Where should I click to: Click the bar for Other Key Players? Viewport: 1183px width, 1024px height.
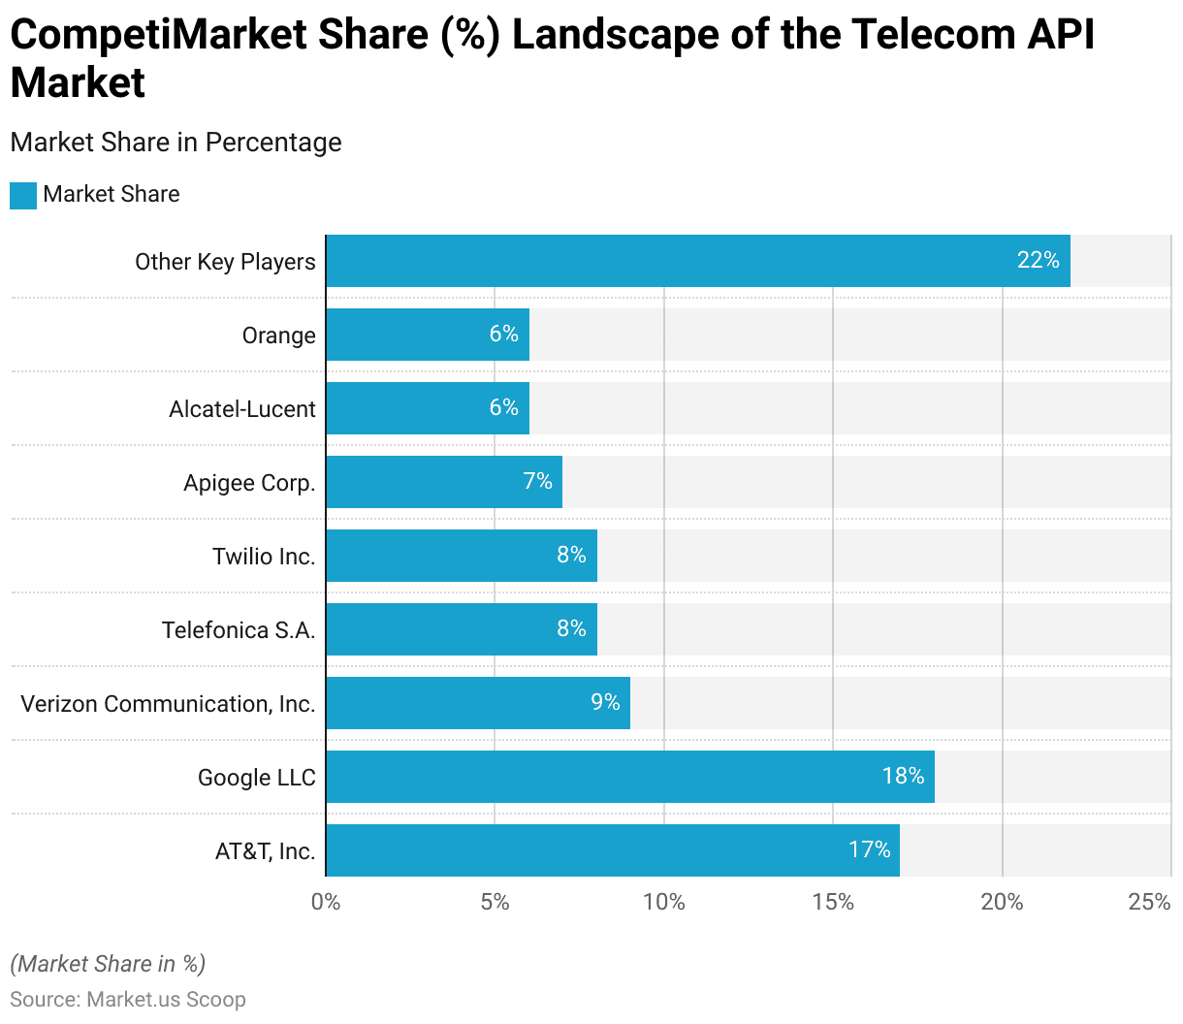[698, 261]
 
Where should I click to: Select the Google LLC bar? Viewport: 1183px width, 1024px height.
[630, 777]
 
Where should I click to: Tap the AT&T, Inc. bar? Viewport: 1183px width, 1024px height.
[613, 850]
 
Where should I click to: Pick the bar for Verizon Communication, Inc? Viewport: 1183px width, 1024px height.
[478, 703]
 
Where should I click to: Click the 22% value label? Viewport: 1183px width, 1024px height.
[1038, 260]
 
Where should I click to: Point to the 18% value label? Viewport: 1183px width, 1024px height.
[903, 776]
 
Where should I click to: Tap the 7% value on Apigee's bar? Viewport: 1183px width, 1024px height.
[537, 481]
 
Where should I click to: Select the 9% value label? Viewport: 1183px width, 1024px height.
[605, 702]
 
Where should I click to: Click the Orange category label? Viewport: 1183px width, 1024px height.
[278, 336]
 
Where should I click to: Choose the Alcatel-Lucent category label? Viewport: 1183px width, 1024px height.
[242, 409]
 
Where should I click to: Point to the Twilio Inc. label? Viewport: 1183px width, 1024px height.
[264, 557]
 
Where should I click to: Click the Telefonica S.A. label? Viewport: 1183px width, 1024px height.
[239, 630]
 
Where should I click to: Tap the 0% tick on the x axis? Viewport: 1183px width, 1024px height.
[326, 902]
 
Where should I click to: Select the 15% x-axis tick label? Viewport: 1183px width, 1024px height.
[833, 902]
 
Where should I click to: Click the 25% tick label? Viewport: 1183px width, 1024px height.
[1149, 902]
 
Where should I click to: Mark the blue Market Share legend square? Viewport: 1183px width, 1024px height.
[23, 195]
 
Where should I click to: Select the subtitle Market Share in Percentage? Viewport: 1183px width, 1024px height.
[176, 143]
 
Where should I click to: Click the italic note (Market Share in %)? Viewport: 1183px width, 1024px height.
[108, 964]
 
